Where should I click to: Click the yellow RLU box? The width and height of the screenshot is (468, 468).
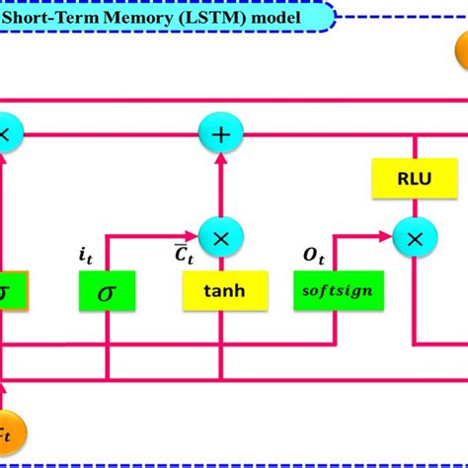407,179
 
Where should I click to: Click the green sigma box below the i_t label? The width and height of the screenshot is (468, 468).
107,290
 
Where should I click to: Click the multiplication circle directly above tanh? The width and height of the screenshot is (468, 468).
220,236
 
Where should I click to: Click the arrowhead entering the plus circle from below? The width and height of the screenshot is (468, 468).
220,157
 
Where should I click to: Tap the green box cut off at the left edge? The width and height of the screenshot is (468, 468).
11,290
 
